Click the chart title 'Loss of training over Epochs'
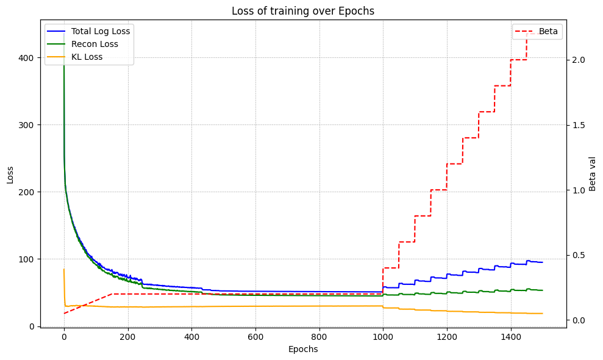tap(302, 10)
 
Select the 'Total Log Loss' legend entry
tap(101, 31)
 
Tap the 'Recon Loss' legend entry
tap(95, 44)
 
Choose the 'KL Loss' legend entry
tap(87, 57)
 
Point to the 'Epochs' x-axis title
tap(302, 350)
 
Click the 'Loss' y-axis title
tap(10, 175)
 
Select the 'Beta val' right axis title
tap(592, 174)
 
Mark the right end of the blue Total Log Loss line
tap(542, 262)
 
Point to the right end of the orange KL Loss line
tap(542, 314)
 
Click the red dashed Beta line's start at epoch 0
tap(64, 313)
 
